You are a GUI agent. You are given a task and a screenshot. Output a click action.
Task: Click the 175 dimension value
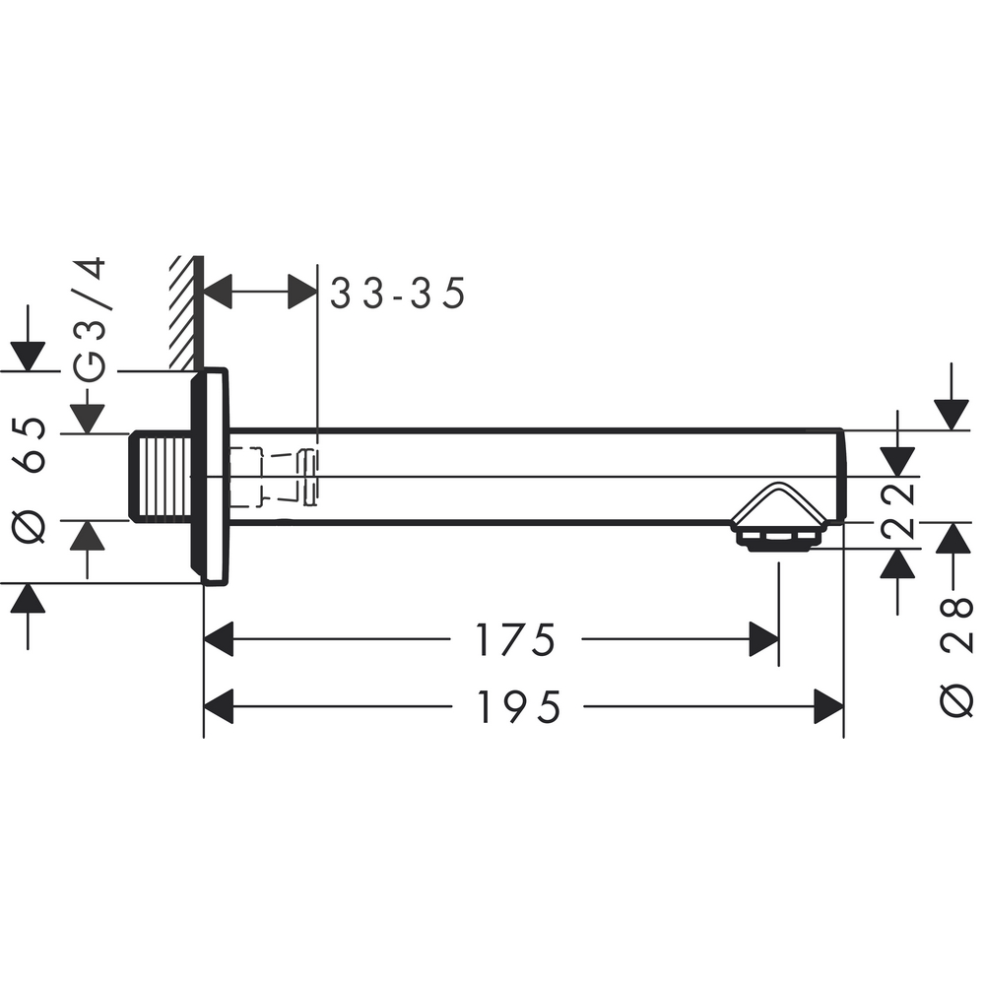(516, 640)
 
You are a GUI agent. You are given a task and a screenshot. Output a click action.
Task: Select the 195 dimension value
(519, 706)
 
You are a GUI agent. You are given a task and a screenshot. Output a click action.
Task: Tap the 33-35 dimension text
(396, 294)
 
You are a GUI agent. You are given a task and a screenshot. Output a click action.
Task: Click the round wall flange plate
(210, 477)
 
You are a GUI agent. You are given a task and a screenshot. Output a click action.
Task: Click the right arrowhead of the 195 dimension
(828, 706)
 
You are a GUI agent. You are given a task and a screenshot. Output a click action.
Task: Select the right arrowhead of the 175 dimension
(763, 640)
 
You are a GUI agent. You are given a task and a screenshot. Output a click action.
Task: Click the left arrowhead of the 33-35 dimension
(218, 293)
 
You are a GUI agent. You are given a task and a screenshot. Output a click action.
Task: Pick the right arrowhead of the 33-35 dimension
(302, 293)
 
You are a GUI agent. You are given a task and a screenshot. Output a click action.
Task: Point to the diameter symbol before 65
(32, 526)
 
